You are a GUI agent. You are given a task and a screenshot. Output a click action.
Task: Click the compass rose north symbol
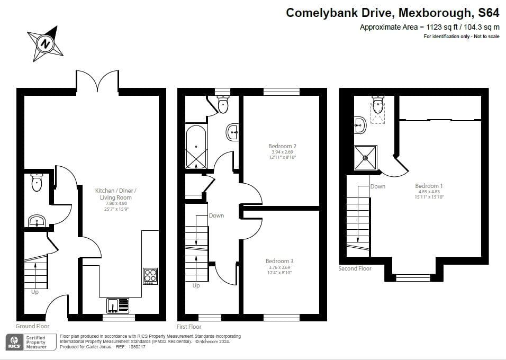pyautogui.click(x=46, y=43)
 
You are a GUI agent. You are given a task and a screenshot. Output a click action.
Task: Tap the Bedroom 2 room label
pyautogui.click(x=282, y=146)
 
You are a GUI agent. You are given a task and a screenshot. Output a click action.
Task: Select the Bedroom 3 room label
pyautogui.click(x=279, y=261)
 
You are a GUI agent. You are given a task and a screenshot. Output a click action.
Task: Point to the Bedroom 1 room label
pyautogui.click(x=429, y=186)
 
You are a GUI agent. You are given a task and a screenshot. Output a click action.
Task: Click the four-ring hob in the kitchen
pyautogui.click(x=150, y=276)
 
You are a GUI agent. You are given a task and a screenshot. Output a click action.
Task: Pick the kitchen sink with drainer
pyautogui.click(x=118, y=306)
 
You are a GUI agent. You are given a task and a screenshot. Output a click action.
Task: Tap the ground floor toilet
pyautogui.click(x=37, y=183)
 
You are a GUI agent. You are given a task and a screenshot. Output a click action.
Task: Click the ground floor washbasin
pyautogui.click(x=37, y=221)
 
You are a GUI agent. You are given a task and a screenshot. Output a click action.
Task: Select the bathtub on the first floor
pyautogui.click(x=196, y=147)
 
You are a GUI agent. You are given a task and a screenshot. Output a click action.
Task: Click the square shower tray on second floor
pyautogui.click(x=366, y=158)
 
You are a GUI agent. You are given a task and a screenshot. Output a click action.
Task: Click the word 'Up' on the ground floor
pyautogui.click(x=35, y=292)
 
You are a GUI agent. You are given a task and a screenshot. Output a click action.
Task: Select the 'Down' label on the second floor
pyautogui.click(x=378, y=186)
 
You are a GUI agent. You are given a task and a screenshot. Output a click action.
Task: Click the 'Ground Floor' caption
pyautogui.click(x=33, y=326)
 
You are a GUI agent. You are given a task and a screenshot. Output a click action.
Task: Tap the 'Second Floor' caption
pyautogui.click(x=355, y=268)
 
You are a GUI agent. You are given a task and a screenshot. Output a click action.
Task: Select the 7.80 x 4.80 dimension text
pyautogui.click(x=116, y=203)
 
